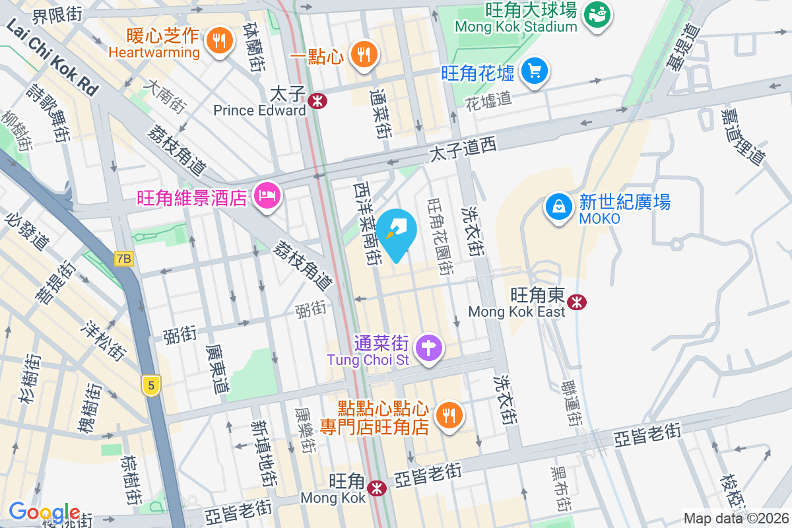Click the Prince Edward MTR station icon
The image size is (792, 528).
click(x=317, y=100)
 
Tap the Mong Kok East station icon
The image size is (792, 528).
click(x=577, y=302)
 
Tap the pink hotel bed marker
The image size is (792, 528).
click(x=269, y=195)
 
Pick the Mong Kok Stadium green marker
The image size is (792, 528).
click(x=599, y=15)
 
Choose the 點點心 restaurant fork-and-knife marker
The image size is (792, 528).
click(x=449, y=414)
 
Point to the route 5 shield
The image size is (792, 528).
click(x=151, y=385)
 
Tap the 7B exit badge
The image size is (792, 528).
click(x=123, y=259)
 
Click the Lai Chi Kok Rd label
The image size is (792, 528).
click(x=52, y=57)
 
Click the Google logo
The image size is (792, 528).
click(x=44, y=512)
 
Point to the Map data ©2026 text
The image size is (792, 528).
click(x=736, y=519)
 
